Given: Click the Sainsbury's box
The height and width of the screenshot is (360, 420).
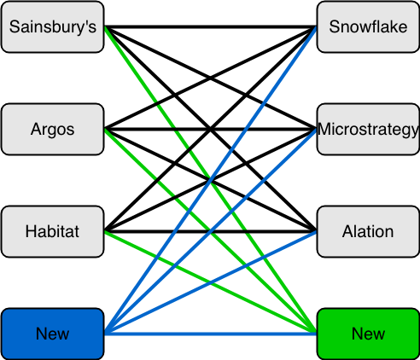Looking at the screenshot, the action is [x=53, y=27].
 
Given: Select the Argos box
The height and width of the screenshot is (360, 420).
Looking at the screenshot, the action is [x=53, y=130].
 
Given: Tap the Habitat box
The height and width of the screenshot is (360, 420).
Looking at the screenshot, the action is [x=53, y=231].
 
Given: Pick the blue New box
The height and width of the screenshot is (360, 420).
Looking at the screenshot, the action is [x=53, y=334].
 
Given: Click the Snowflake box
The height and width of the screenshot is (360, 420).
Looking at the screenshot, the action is [x=368, y=27].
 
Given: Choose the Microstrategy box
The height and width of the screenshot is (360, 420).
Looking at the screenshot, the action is [x=368, y=130].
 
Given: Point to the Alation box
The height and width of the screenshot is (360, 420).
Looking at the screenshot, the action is [x=368, y=231].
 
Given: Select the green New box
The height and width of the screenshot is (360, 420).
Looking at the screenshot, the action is [x=368, y=334].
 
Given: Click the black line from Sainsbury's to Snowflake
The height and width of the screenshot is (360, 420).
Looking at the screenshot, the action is [x=211, y=27].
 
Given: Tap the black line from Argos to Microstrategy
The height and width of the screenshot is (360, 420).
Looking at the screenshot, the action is [x=211, y=130].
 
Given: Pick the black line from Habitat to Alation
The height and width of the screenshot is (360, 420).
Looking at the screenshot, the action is [x=211, y=231].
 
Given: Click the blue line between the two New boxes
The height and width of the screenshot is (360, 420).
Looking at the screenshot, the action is [x=211, y=334].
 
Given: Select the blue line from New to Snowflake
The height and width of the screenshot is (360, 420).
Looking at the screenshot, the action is [x=211, y=180].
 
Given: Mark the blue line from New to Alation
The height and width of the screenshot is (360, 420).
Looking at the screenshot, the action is [x=211, y=282].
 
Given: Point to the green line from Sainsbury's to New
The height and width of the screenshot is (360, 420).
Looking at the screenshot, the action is [x=211, y=180].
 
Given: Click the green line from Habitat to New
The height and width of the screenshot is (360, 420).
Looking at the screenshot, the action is [x=211, y=282].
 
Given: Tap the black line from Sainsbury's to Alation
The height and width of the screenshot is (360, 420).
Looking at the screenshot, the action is [x=211, y=130].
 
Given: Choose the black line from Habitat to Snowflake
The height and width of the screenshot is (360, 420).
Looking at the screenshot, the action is [x=211, y=130].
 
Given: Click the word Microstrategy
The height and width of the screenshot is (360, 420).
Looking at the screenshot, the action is [x=368, y=130].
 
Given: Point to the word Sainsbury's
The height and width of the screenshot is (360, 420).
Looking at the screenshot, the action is [x=53, y=27].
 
